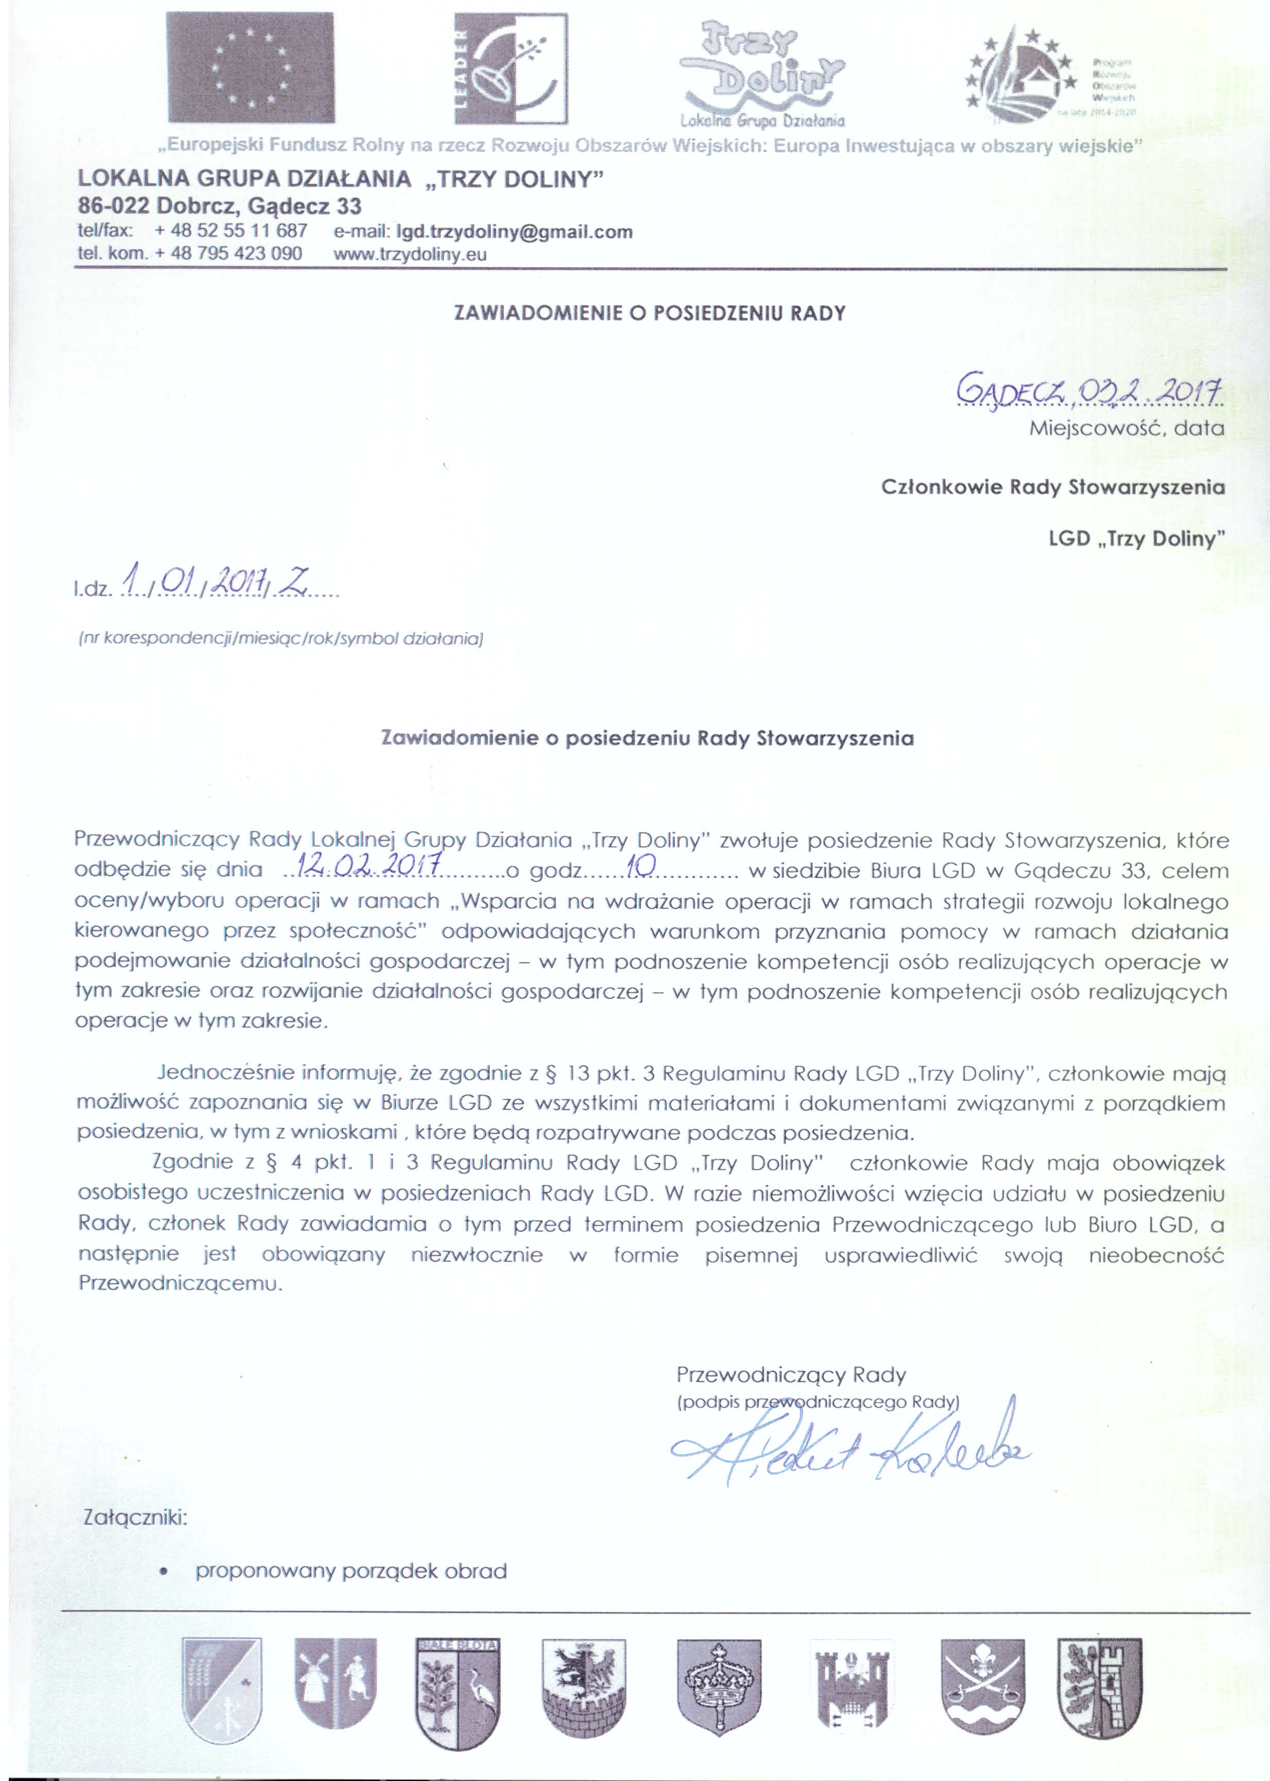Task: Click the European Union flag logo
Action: pyautogui.click(x=250, y=68)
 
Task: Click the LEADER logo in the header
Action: pyautogui.click(x=511, y=68)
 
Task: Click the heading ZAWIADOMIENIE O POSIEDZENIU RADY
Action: pyautogui.click(x=650, y=313)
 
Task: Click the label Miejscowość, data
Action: pyautogui.click(x=1127, y=428)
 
